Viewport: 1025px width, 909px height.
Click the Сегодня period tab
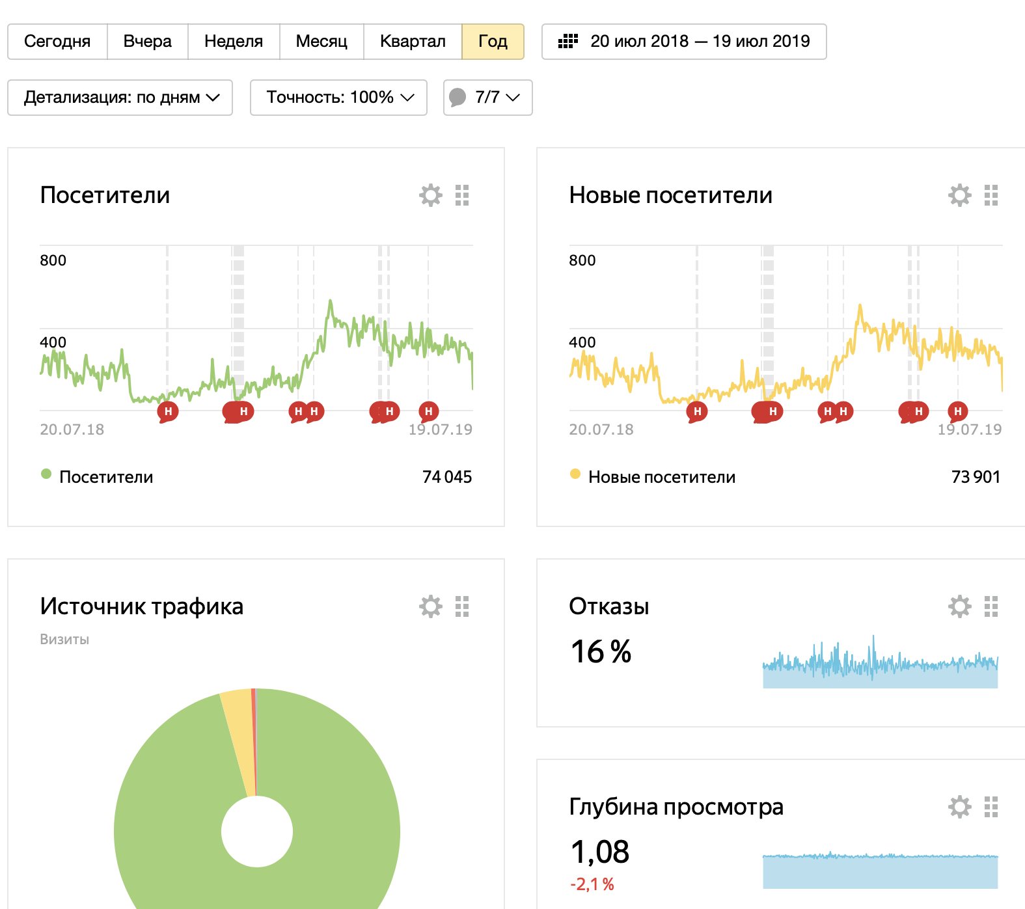point(57,42)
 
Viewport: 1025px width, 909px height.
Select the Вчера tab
point(148,42)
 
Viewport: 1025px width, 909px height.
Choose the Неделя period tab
point(234,42)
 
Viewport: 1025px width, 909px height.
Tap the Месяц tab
point(321,42)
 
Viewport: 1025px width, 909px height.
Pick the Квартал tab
point(413,42)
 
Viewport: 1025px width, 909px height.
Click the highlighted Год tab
point(493,42)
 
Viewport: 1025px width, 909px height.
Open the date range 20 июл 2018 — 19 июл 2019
point(684,42)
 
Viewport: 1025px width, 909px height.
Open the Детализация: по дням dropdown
point(120,98)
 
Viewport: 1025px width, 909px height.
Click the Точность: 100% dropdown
point(338,98)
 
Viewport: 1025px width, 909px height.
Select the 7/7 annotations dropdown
point(488,98)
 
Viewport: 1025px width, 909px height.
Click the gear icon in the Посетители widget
point(430,195)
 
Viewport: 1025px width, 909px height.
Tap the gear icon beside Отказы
point(959,606)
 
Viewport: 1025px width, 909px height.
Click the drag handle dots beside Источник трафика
point(462,606)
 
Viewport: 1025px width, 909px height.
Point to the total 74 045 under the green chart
point(447,477)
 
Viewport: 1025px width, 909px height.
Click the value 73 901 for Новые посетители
point(976,477)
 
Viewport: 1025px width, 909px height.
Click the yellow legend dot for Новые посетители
point(575,474)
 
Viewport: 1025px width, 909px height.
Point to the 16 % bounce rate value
point(601,651)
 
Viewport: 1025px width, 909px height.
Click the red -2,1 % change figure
point(592,884)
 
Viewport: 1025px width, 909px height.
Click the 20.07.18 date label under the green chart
point(72,429)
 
